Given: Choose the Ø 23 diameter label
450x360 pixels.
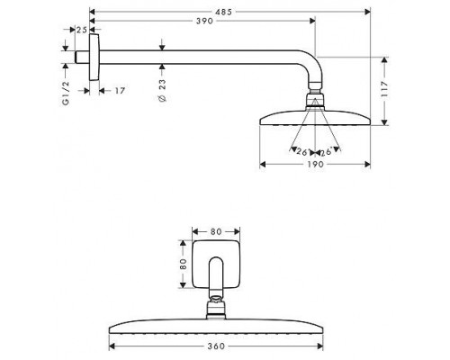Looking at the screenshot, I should click(x=161, y=89).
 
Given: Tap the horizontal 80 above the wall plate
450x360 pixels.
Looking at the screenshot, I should click(x=216, y=231).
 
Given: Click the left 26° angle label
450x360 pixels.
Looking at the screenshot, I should click(x=300, y=150).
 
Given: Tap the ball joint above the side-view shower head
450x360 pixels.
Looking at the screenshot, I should click(x=315, y=94).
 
